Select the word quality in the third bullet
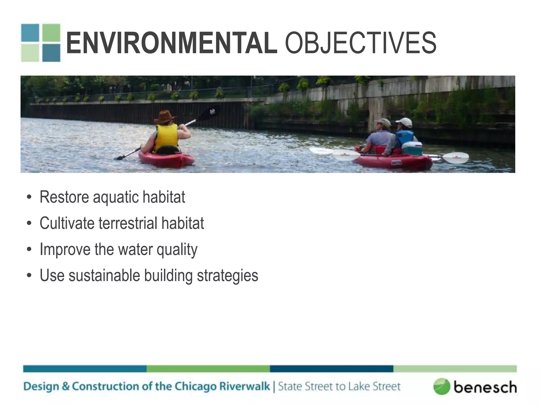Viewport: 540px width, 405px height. [177, 249]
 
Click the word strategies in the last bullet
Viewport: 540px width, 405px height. [228, 276]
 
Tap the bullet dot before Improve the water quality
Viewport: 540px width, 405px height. [29, 249]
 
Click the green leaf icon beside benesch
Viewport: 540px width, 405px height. [441, 387]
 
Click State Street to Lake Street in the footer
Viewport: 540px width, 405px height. [339, 387]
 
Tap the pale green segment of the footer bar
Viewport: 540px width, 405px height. [455, 369]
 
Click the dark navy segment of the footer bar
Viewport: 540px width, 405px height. [331, 369]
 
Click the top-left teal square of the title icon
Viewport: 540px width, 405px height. [30, 33]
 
